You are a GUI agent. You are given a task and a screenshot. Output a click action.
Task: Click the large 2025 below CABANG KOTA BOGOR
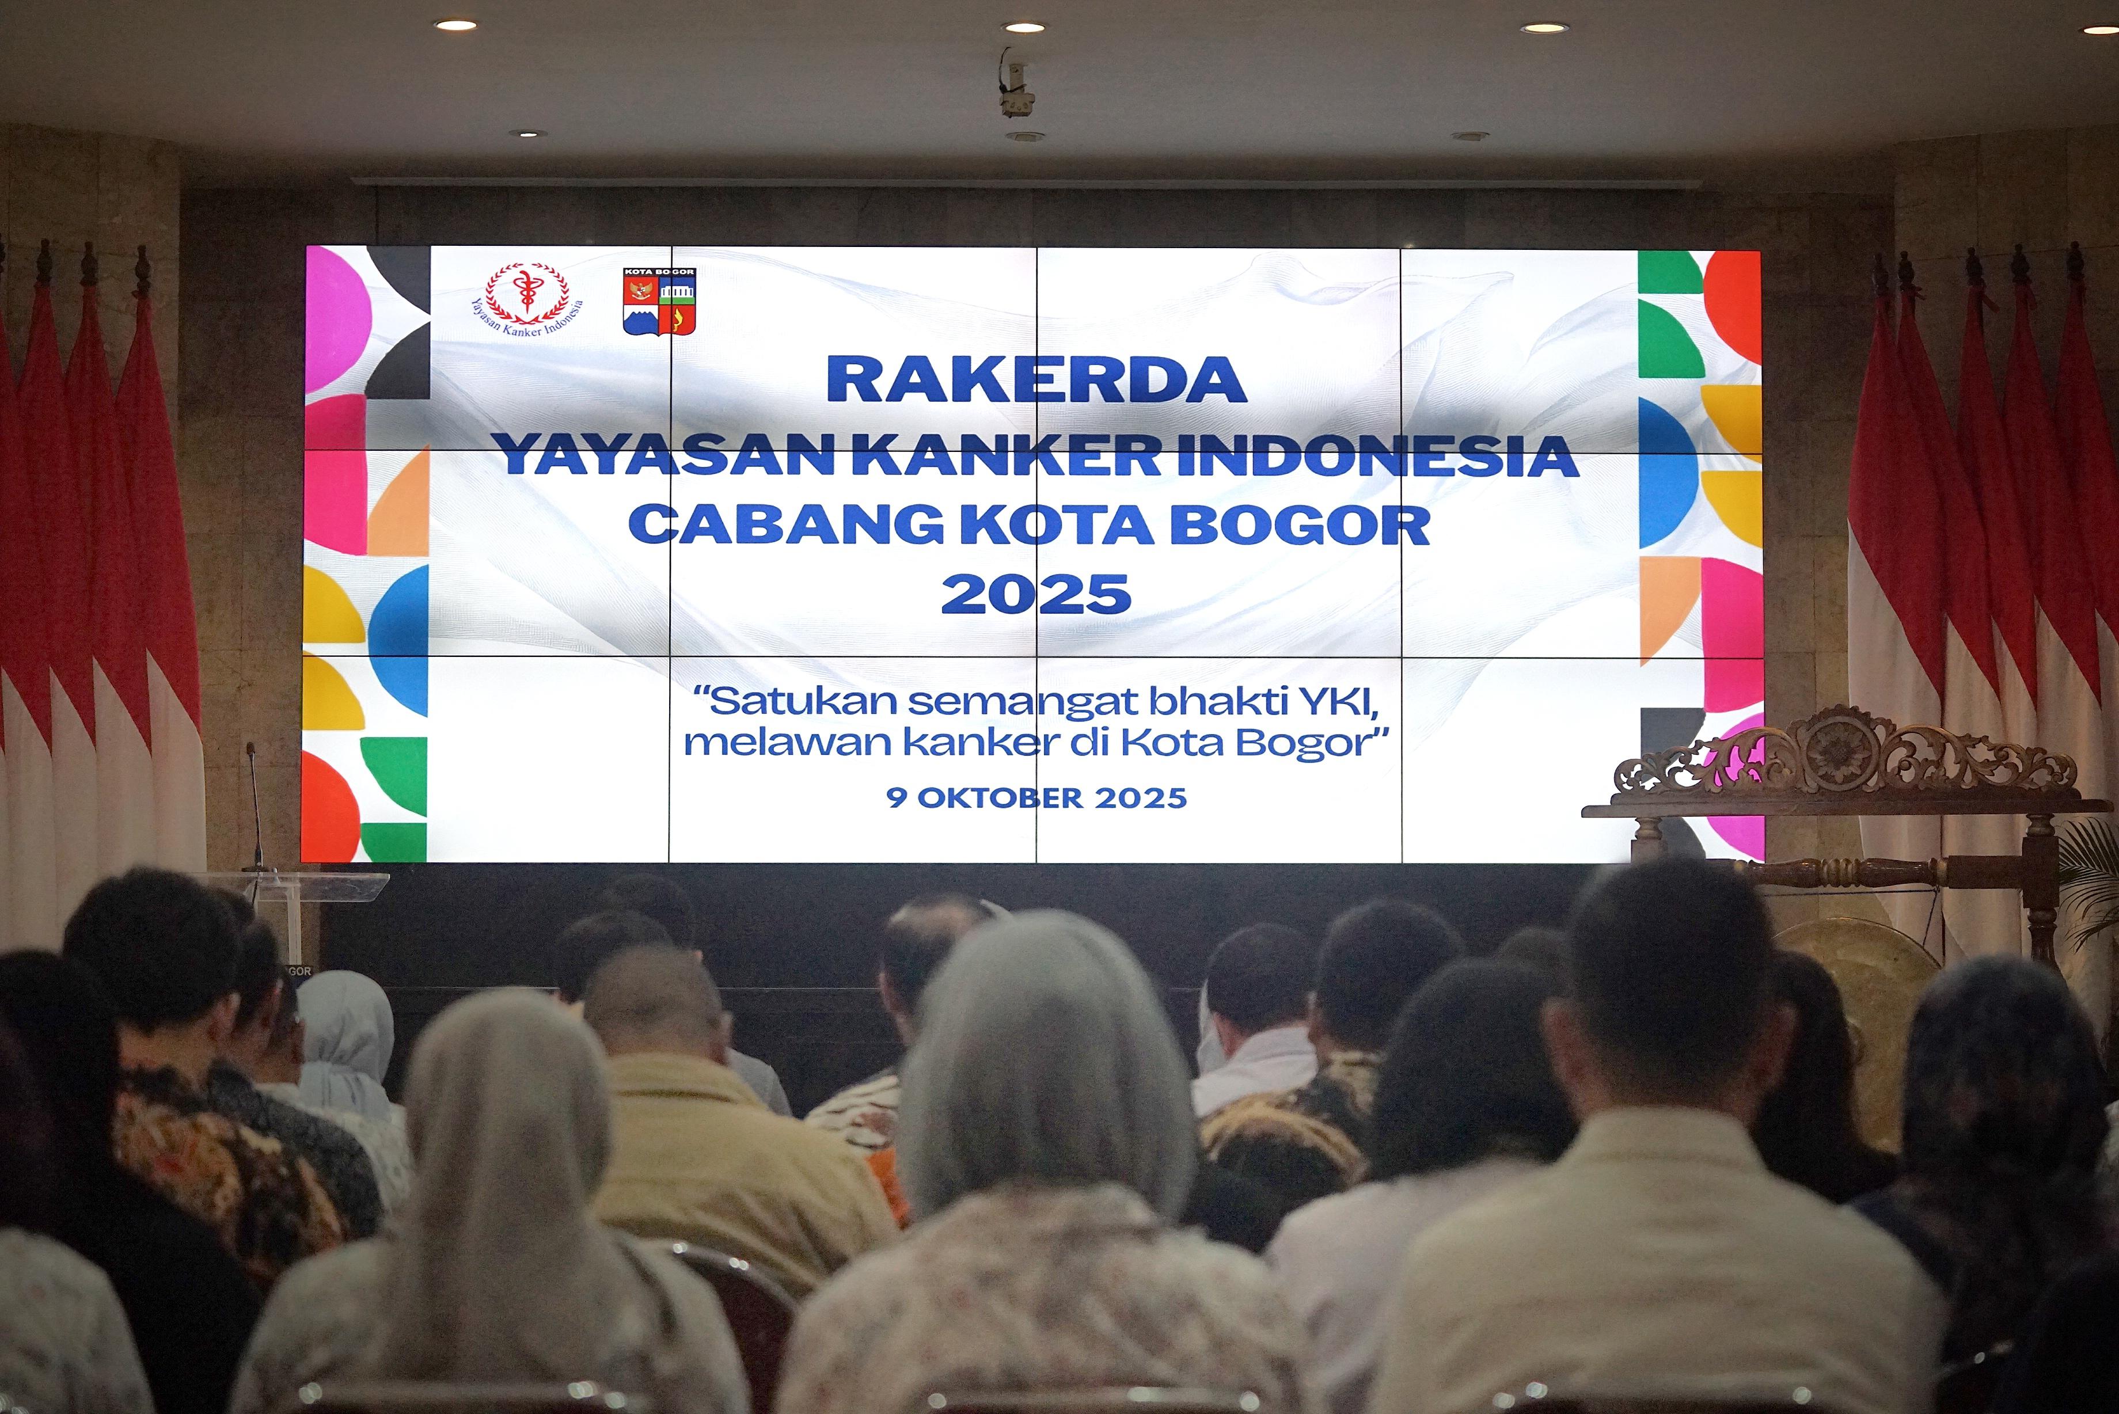[1036, 594]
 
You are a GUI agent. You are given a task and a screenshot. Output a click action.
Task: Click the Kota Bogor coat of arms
[659, 301]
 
